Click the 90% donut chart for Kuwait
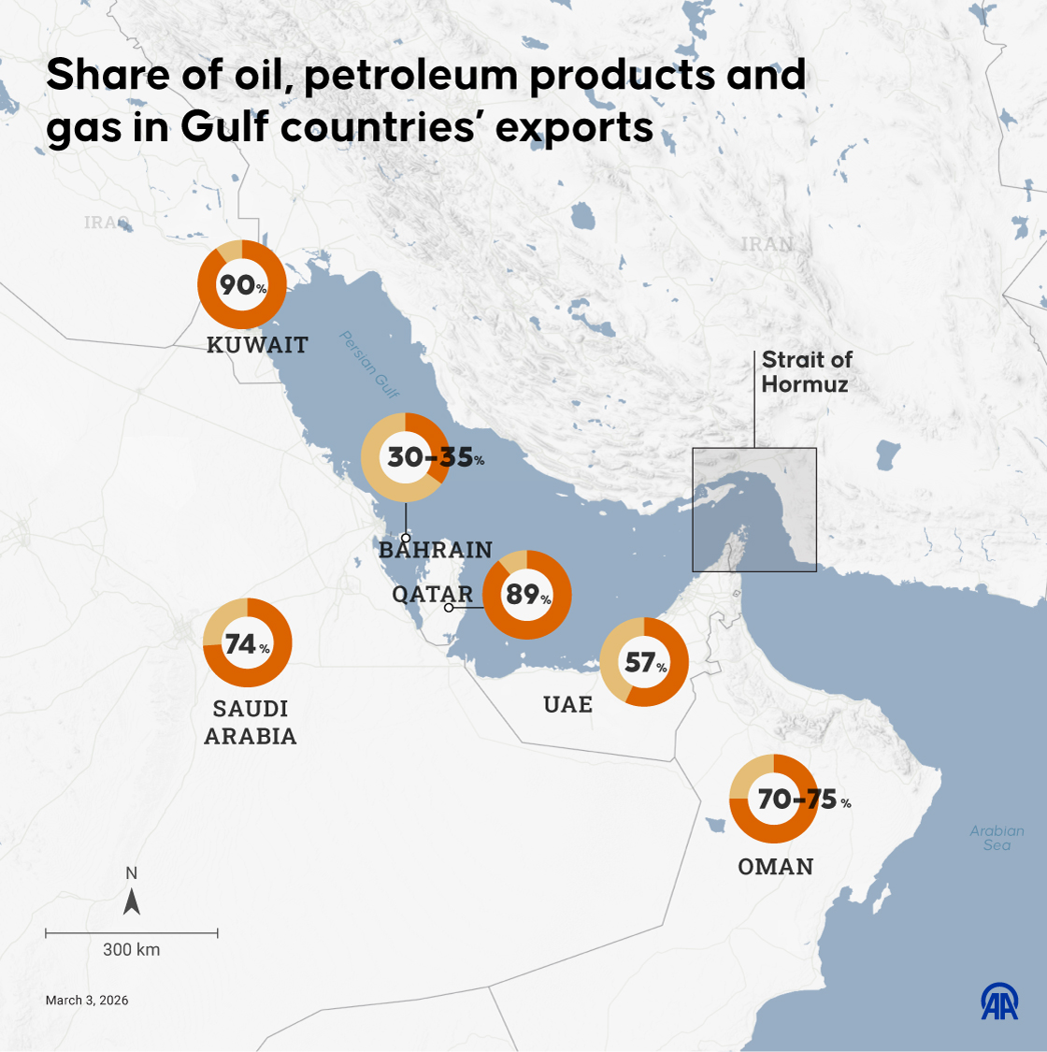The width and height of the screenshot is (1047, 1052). [241, 284]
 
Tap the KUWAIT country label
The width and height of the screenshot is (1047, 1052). [257, 345]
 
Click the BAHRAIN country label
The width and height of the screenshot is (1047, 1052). [436, 550]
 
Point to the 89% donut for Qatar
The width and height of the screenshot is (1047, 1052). [526, 595]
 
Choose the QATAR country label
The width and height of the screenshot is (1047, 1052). [432, 595]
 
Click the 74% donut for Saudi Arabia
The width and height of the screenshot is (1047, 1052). [248, 643]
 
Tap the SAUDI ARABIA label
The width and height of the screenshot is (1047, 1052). [251, 723]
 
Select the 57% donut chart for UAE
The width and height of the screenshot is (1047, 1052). [644, 662]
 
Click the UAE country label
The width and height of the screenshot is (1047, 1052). [567, 704]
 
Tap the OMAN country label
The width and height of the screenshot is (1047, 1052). [775, 867]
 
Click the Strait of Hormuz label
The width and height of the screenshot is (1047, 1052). [806, 372]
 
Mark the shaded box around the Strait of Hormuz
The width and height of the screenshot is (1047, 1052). [754, 510]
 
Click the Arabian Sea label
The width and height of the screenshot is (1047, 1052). [997, 838]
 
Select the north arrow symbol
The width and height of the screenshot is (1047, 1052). [132, 901]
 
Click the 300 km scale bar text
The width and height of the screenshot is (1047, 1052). [131, 949]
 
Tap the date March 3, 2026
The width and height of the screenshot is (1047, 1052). [87, 1001]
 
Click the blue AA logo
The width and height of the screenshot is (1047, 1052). [999, 1002]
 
